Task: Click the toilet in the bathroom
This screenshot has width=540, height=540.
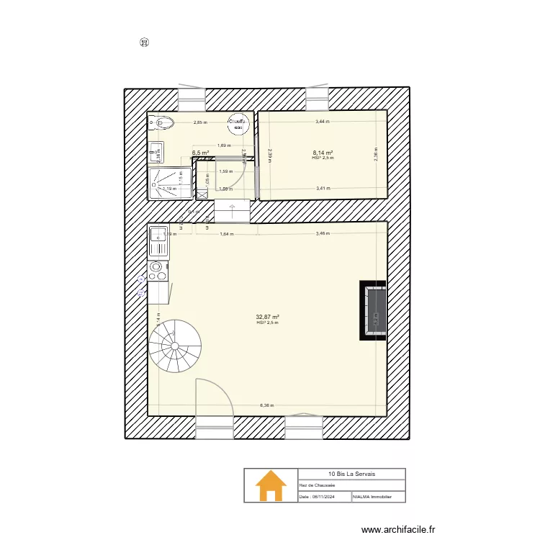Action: click(x=164, y=123)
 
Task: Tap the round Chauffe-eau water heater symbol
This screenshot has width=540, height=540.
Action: click(x=237, y=125)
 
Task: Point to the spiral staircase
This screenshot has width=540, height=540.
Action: click(x=176, y=345)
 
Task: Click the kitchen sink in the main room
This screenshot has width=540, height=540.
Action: click(x=158, y=240)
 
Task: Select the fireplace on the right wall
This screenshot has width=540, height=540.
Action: click(x=373, y=310)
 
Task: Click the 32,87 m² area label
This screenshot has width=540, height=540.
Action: click(x=267, y=317)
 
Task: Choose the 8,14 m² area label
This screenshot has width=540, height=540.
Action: click(x=323, y=153)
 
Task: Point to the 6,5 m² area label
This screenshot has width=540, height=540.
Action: click(x=200, y=153)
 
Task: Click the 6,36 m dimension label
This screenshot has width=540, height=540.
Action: click(x=267, y=405)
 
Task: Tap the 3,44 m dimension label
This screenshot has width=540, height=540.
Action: click(x=322, y=122)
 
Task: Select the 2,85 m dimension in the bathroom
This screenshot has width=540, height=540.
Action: click(x=200, y=122)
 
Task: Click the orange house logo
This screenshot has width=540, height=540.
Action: click(x=271, y=486)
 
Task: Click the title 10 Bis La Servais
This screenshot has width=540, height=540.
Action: click(x=351, y=474)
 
